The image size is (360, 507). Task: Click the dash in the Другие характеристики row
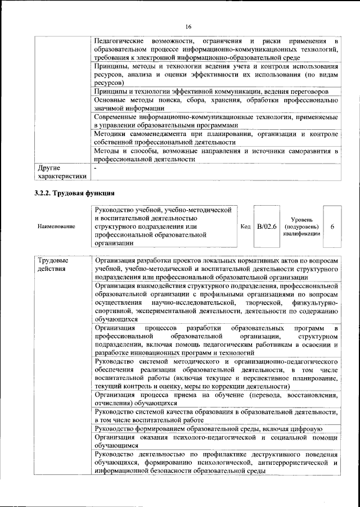96,168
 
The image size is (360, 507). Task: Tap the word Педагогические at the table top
118,42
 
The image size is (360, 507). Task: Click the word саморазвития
305,151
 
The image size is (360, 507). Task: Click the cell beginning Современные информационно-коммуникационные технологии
217,120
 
